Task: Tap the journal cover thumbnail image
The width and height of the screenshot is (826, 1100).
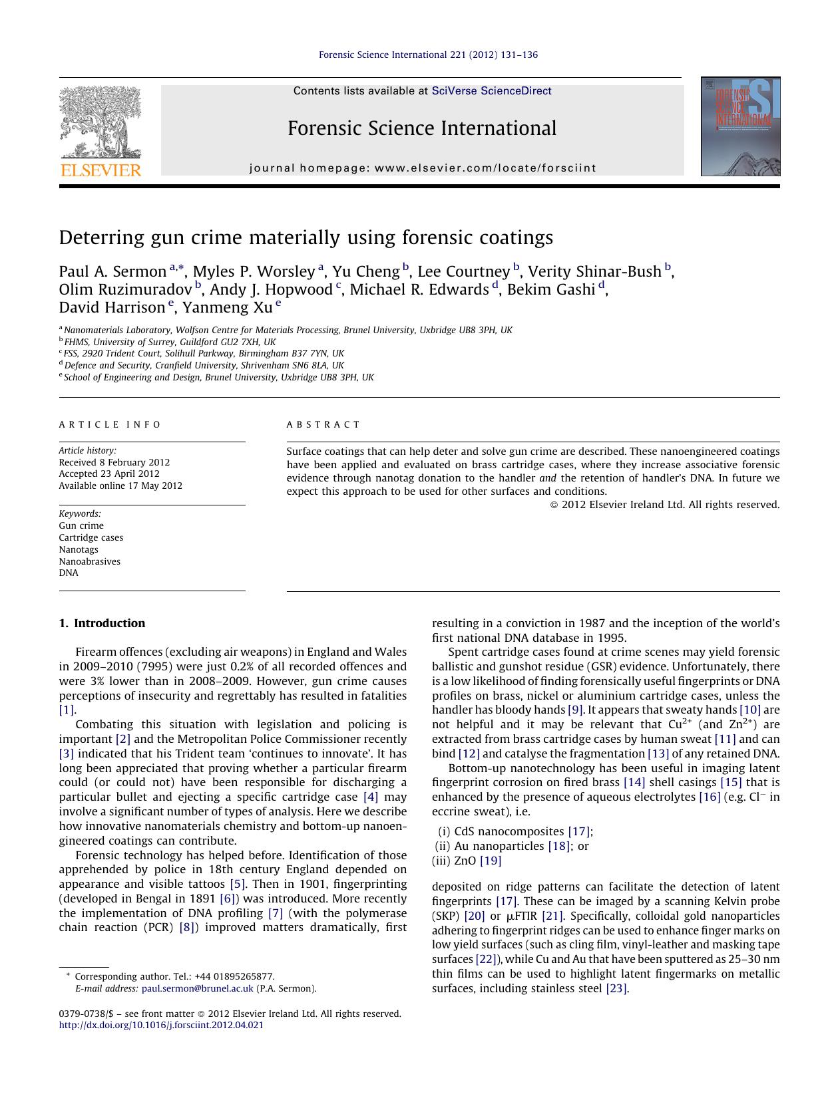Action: [740, 126]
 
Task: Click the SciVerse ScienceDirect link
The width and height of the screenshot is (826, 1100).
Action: [491, 91]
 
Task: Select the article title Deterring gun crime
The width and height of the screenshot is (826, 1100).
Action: [306, 237]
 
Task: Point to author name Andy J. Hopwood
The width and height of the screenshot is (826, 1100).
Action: [271, 289]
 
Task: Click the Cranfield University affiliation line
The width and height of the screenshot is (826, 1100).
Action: [203, 365]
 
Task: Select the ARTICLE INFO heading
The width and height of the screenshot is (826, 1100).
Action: [110, 424]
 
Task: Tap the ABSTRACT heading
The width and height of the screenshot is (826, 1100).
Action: [323, 424]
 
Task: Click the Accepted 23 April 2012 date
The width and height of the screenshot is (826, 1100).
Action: [109, 474]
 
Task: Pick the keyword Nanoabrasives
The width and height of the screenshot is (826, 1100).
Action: [89, 561]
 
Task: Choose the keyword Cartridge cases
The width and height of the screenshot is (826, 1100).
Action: [91, 537]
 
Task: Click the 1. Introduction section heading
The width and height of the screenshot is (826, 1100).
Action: [102, 623]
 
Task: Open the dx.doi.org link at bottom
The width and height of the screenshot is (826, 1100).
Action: [161, 1025]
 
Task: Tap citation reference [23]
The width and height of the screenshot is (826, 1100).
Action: [616, 988]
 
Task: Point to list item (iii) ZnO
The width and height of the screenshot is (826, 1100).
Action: [467, 861]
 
